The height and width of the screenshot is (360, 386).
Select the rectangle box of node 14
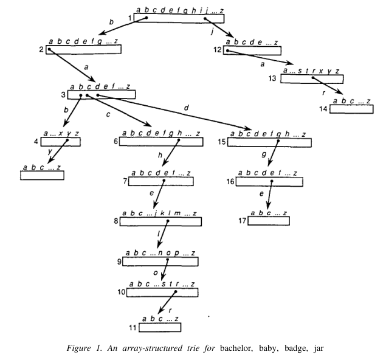click(x=352, y=109)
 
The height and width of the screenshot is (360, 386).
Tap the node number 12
click(x=217, y=50)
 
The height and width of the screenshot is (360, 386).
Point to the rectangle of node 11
click(x=160, y=328)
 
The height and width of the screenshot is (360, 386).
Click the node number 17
click(x=243, y=220)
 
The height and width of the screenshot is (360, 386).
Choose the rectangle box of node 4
click(x=61, y=142)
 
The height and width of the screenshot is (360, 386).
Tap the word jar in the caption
click(x=328, y=350)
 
